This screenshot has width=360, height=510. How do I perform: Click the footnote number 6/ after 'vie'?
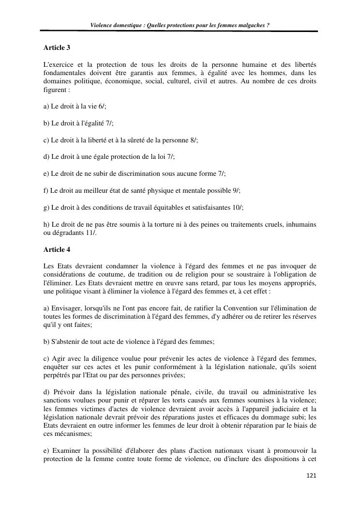click(x=101, y=107)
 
